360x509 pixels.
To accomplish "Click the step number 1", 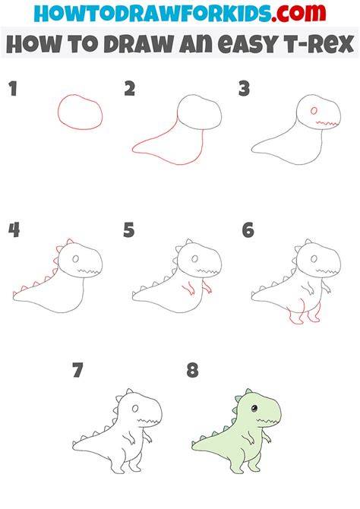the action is coord(13,89).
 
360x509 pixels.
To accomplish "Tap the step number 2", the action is coord(130,89).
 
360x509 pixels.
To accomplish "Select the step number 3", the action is coord(244,89).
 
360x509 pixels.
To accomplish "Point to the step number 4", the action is coord(14,230).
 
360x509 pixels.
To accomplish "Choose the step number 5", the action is coord(129,230).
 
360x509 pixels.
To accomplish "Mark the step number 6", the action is coord(248,230).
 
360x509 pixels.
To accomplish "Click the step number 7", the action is coord(77,371).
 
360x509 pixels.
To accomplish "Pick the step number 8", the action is coord(192,371).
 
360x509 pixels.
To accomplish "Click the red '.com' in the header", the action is coord(298,14).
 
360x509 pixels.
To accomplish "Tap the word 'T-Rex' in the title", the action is coord(317,44).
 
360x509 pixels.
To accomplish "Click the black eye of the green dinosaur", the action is coord(254,408).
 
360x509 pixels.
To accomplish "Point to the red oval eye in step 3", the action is coord(314,111).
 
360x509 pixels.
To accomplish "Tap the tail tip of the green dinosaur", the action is coord(193,445).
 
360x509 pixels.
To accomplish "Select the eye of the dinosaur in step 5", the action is coord(194,259).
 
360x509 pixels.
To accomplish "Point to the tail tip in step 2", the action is coord(133,150).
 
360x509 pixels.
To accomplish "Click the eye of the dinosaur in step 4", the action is coord(75,259).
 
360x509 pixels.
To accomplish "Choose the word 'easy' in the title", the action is coord(248,45).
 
